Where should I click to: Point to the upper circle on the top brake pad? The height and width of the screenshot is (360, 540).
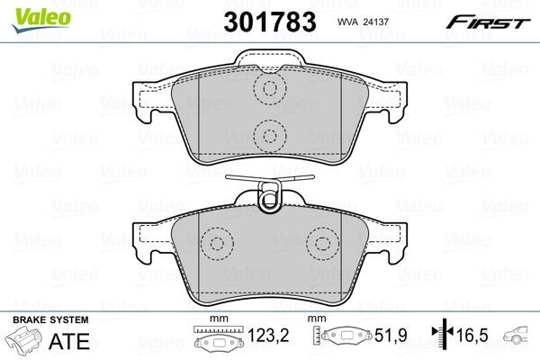pos(268,88)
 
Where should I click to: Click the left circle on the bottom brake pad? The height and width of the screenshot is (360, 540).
pos(216,244)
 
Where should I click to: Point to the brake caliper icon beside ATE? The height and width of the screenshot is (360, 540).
pos(27,343)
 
